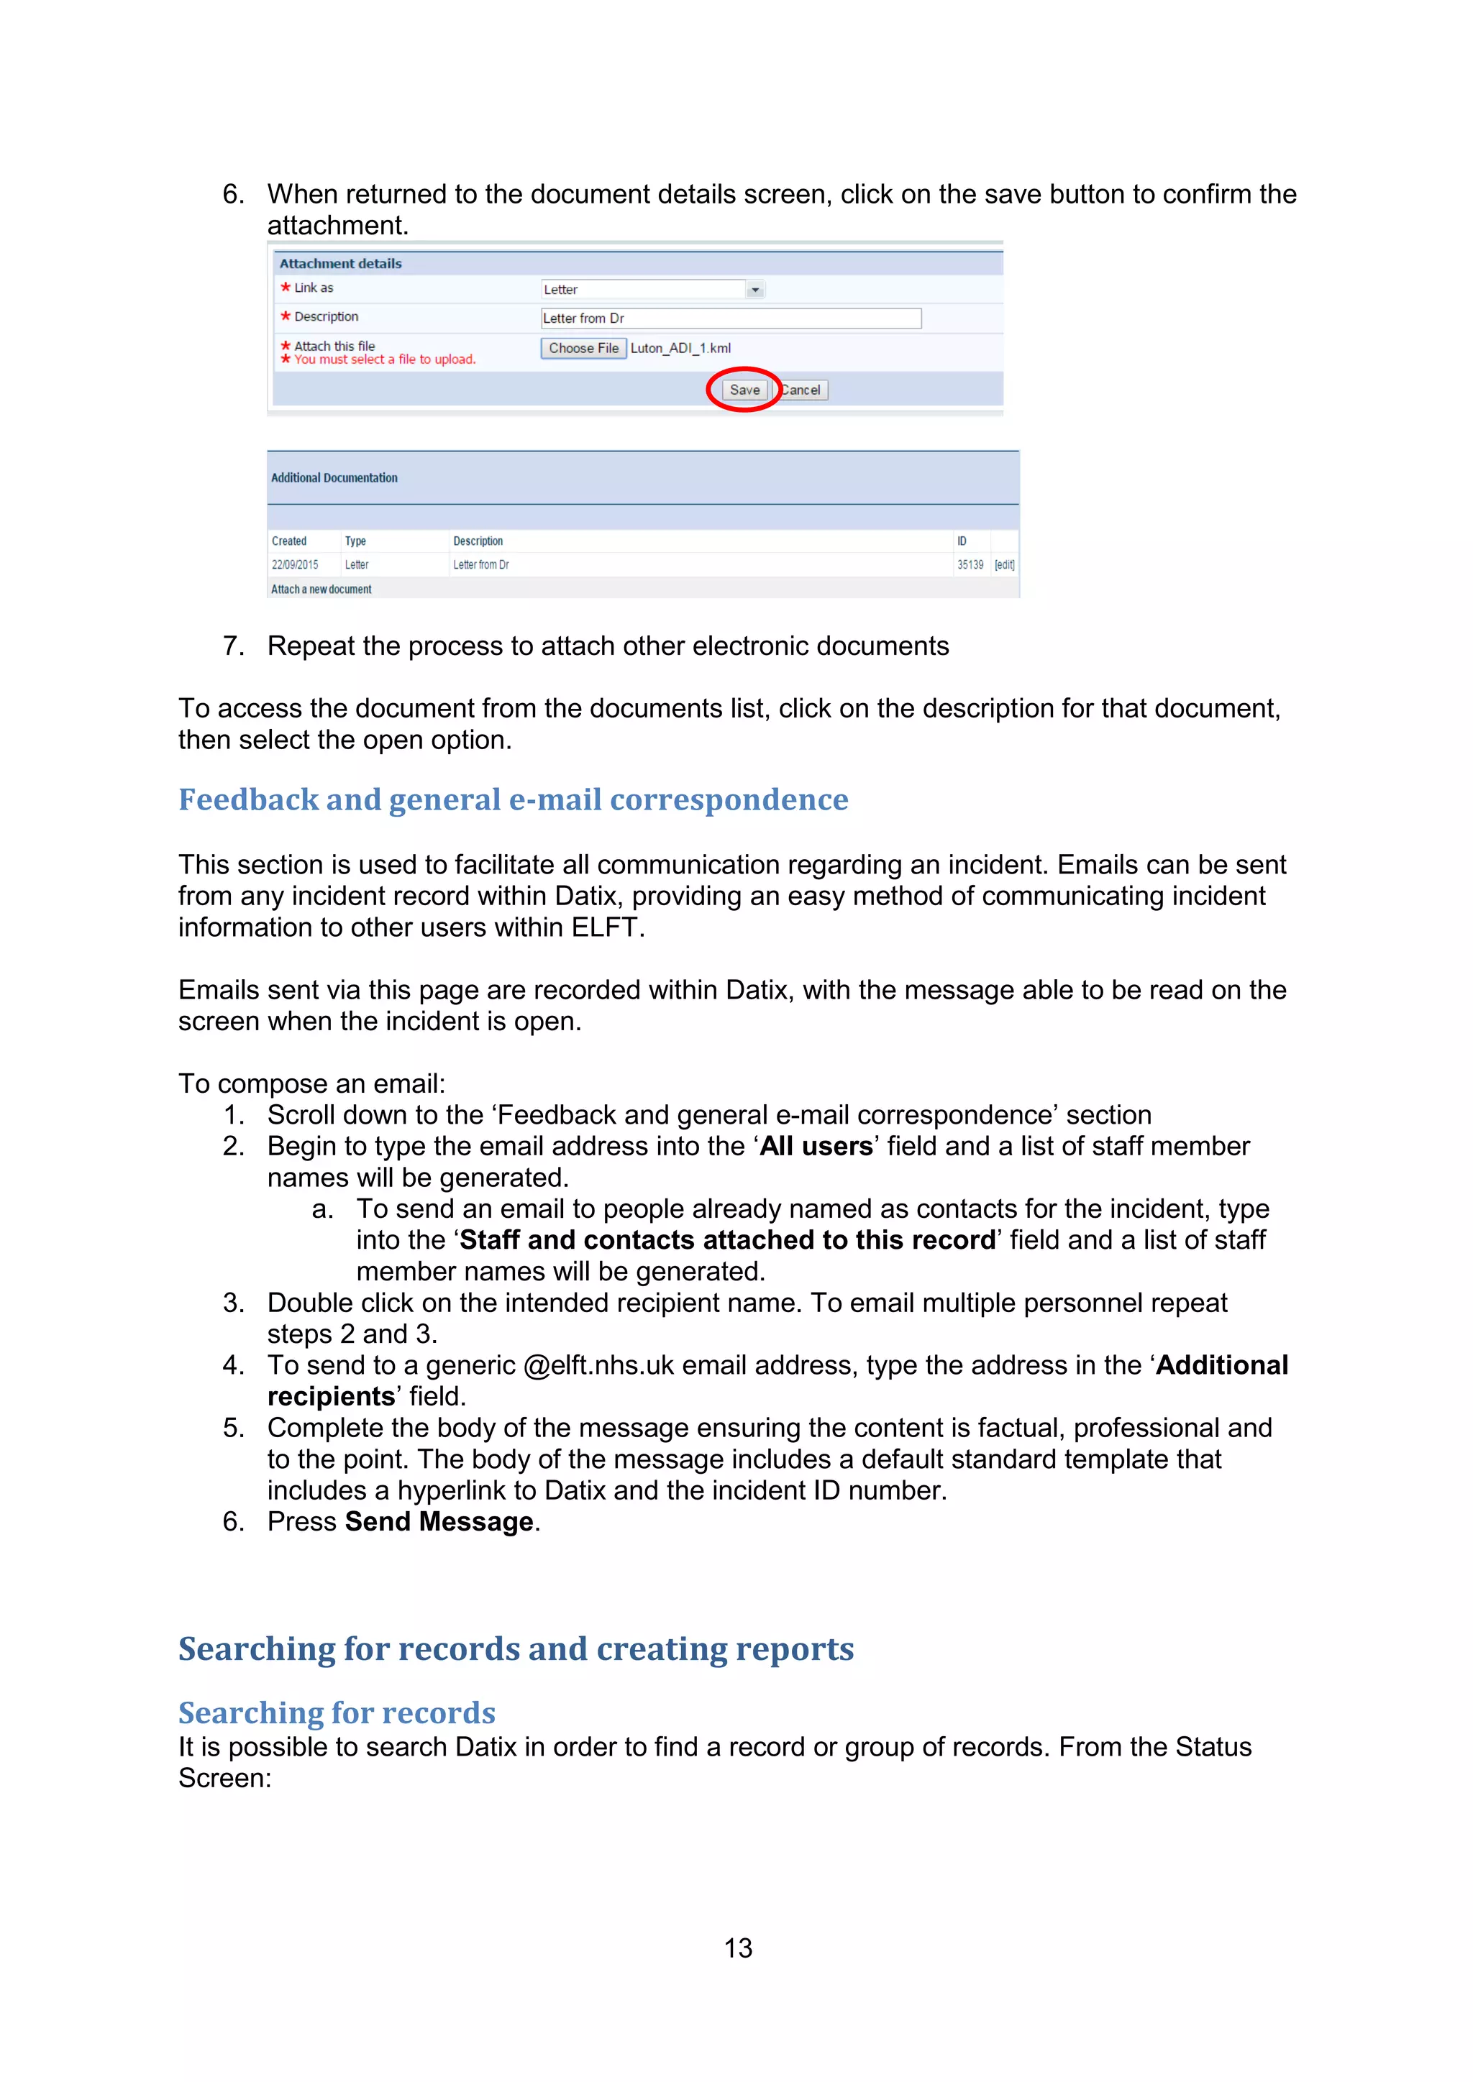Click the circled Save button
(744, 390)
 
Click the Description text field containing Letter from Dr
(730, 318)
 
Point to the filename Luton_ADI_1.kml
(680, 348)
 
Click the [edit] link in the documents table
(1004, 565)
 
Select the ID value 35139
(970, 565)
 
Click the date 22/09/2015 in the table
(295, 565)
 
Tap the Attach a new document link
(321, 590)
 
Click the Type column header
(355, 541)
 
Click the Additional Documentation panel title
(334, 478)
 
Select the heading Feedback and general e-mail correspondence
(513, 799)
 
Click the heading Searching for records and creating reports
(515, 1648)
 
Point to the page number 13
(737, 1948)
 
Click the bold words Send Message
(439, 1522)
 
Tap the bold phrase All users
(816, 1146)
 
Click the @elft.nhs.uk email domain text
(598, 1366)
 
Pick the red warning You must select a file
(385, 360)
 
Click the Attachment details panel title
(340, 264)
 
